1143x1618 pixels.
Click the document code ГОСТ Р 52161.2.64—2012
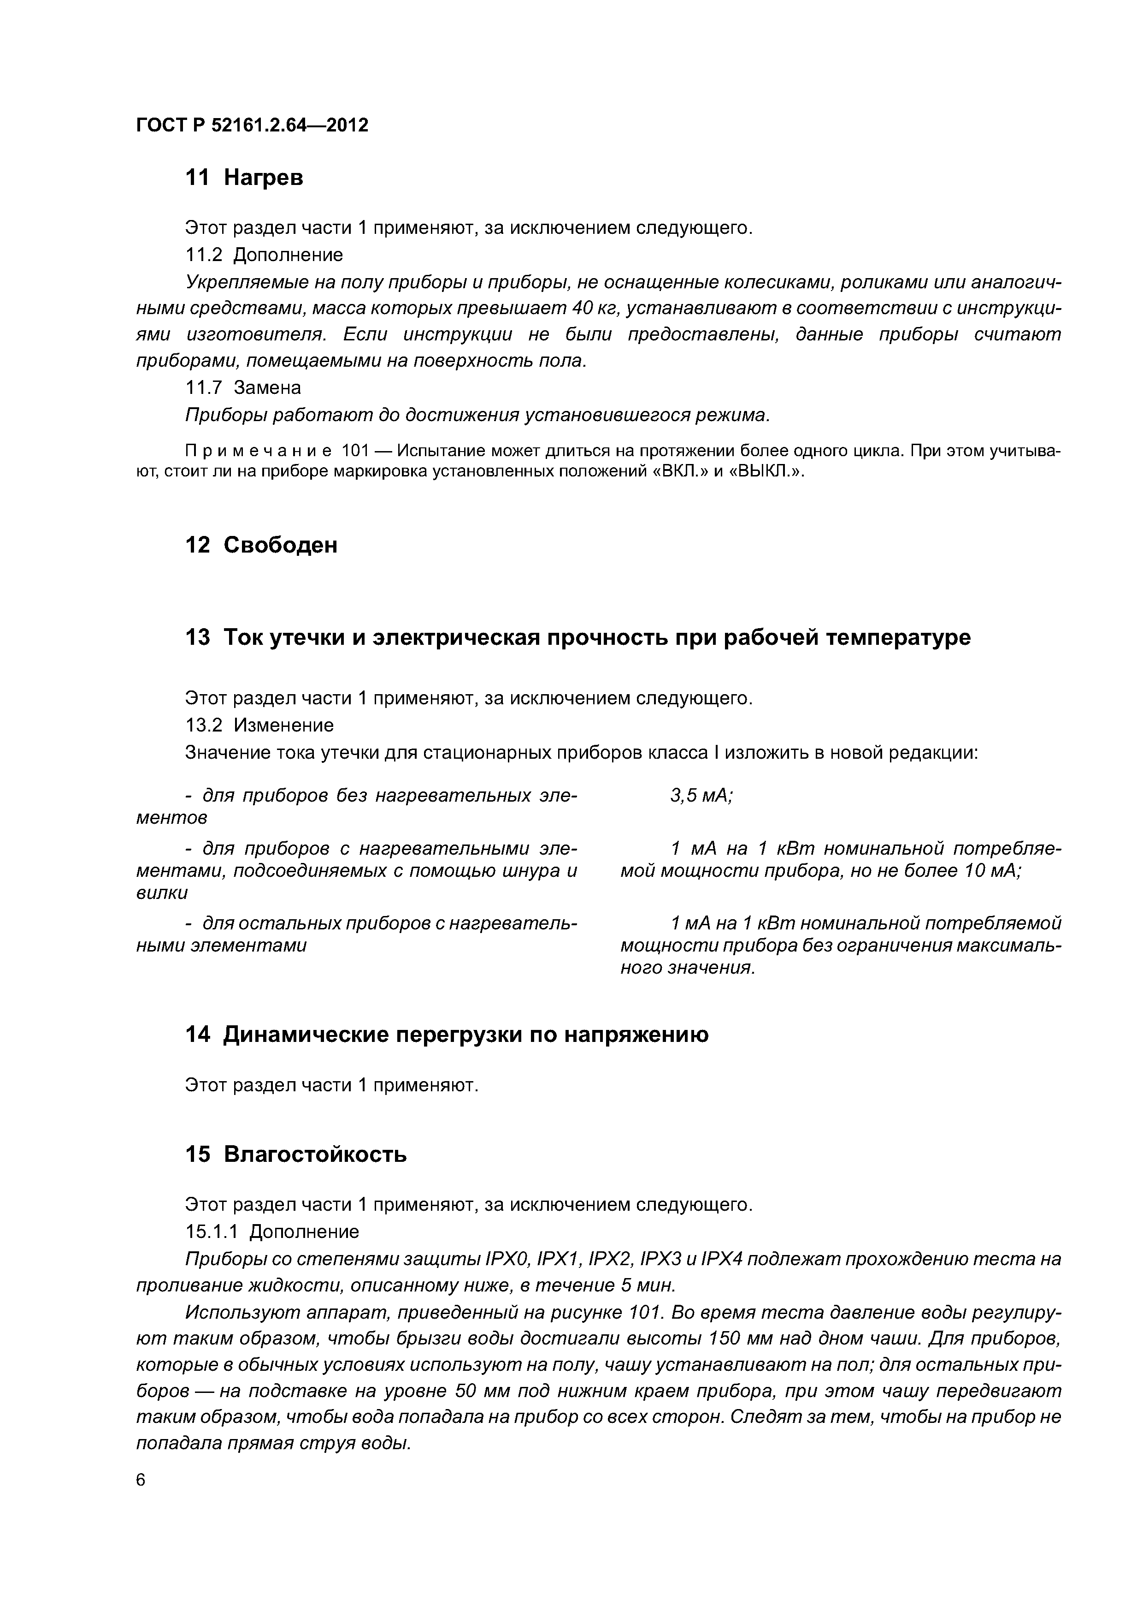(x=252, y=125)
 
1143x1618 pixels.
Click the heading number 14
(x=197, y=1035)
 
